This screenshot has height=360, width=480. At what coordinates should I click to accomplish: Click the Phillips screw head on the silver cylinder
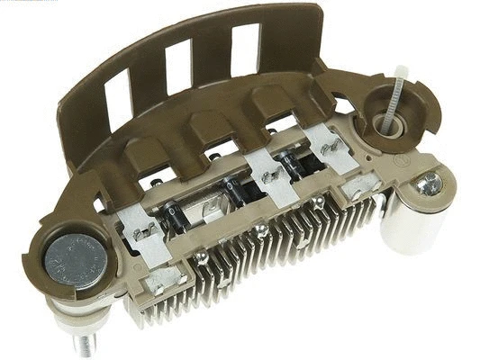point(429,185)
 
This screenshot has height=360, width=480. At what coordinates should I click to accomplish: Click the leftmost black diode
point(175,214)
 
